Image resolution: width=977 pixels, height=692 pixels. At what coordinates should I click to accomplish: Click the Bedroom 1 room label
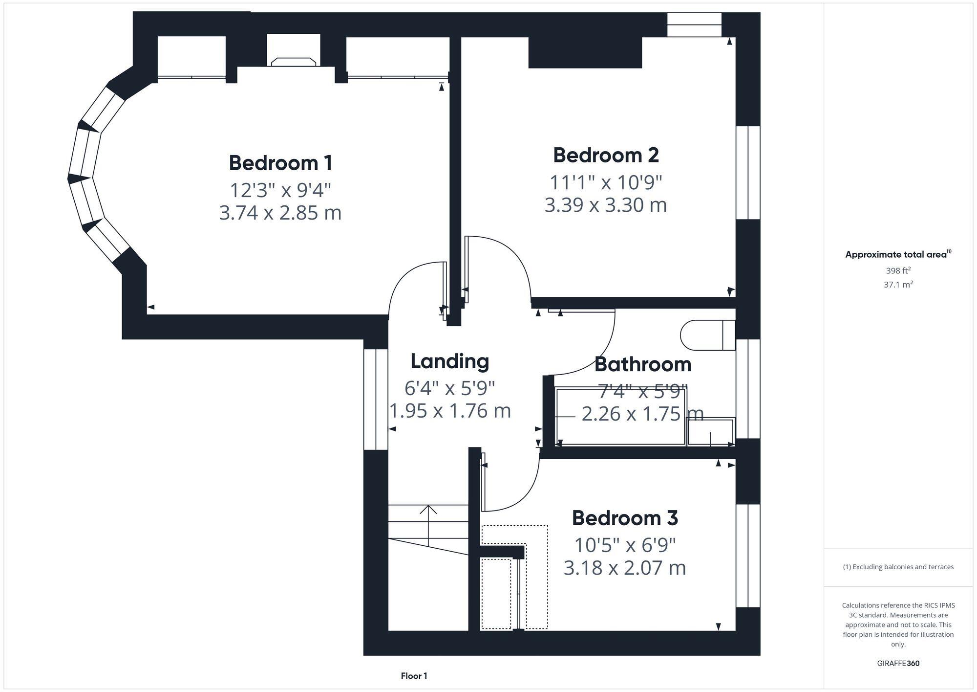click(x=280, y=163)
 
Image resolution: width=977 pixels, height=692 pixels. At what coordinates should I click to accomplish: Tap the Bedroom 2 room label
click(x=606, y=155)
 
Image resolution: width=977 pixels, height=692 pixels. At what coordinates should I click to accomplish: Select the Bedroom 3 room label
click(x=625, y=518)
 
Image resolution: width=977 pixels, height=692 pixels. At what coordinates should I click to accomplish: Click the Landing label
click(x=449, y=361)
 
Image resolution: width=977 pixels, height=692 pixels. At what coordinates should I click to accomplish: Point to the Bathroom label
click(x=642, y=364)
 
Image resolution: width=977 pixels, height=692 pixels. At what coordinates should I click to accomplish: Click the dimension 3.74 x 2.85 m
click(x=280, y=213)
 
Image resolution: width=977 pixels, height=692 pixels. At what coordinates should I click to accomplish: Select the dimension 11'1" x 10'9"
click(x=606, y=182)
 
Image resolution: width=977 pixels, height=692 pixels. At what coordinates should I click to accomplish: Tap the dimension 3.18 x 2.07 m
click(x=625, y=568)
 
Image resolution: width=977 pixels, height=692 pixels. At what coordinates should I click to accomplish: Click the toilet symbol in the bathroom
click(x=707, y=335)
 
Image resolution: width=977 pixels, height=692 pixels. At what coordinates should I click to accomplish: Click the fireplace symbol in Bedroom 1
click(x=293, y=62)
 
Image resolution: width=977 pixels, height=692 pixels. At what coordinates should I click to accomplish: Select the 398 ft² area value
click(x=898, y=270)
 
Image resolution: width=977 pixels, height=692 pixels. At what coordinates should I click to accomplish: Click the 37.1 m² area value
click(x=898, y=284)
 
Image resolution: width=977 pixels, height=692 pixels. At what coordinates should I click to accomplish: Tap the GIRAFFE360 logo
click(x=898, y=664)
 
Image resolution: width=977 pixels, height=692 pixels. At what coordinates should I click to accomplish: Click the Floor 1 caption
click(x=414, y=676)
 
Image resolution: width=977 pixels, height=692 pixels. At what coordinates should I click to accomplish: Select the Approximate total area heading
click(x=898, y=254)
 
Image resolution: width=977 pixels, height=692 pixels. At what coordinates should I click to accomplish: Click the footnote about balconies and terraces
click(x=898, y=567)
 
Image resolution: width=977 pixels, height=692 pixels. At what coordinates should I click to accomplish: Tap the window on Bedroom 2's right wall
click(x=748, y=173)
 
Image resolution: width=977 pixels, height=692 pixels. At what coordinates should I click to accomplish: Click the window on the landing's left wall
click(x=376, y=399)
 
